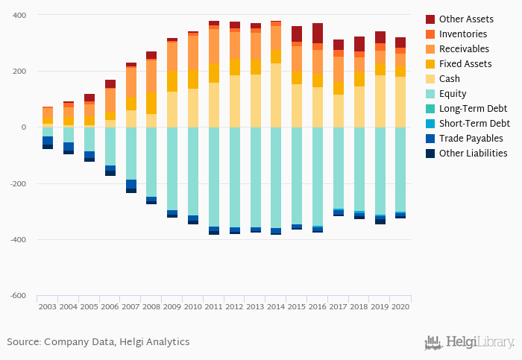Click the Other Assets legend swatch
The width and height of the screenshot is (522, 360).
pyautogui.click(x=430, y=19)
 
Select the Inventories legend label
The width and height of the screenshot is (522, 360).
pyautogui.click(x=463, y=34)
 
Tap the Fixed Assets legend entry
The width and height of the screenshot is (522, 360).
pyautogui.click(x=465, y=64)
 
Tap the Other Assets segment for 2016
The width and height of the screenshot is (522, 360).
pyautogui.click(x=318, y=33)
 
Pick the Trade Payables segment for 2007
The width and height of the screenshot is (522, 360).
pyautogui.click(x=131, y=184)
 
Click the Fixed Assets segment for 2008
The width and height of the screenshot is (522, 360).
pyautogui.click(x=151, y=103)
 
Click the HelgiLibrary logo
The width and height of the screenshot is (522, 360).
pyautogui.click(x=469, y=342)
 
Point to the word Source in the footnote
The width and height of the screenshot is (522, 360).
pyautogui.click(x=23, y=342)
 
